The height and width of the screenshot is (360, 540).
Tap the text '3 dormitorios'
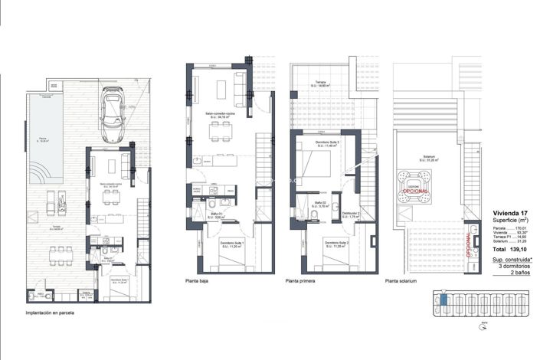513,267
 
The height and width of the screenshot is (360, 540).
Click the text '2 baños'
521,273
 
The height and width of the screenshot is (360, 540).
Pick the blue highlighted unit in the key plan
442,300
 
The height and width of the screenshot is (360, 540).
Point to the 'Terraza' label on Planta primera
320,83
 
